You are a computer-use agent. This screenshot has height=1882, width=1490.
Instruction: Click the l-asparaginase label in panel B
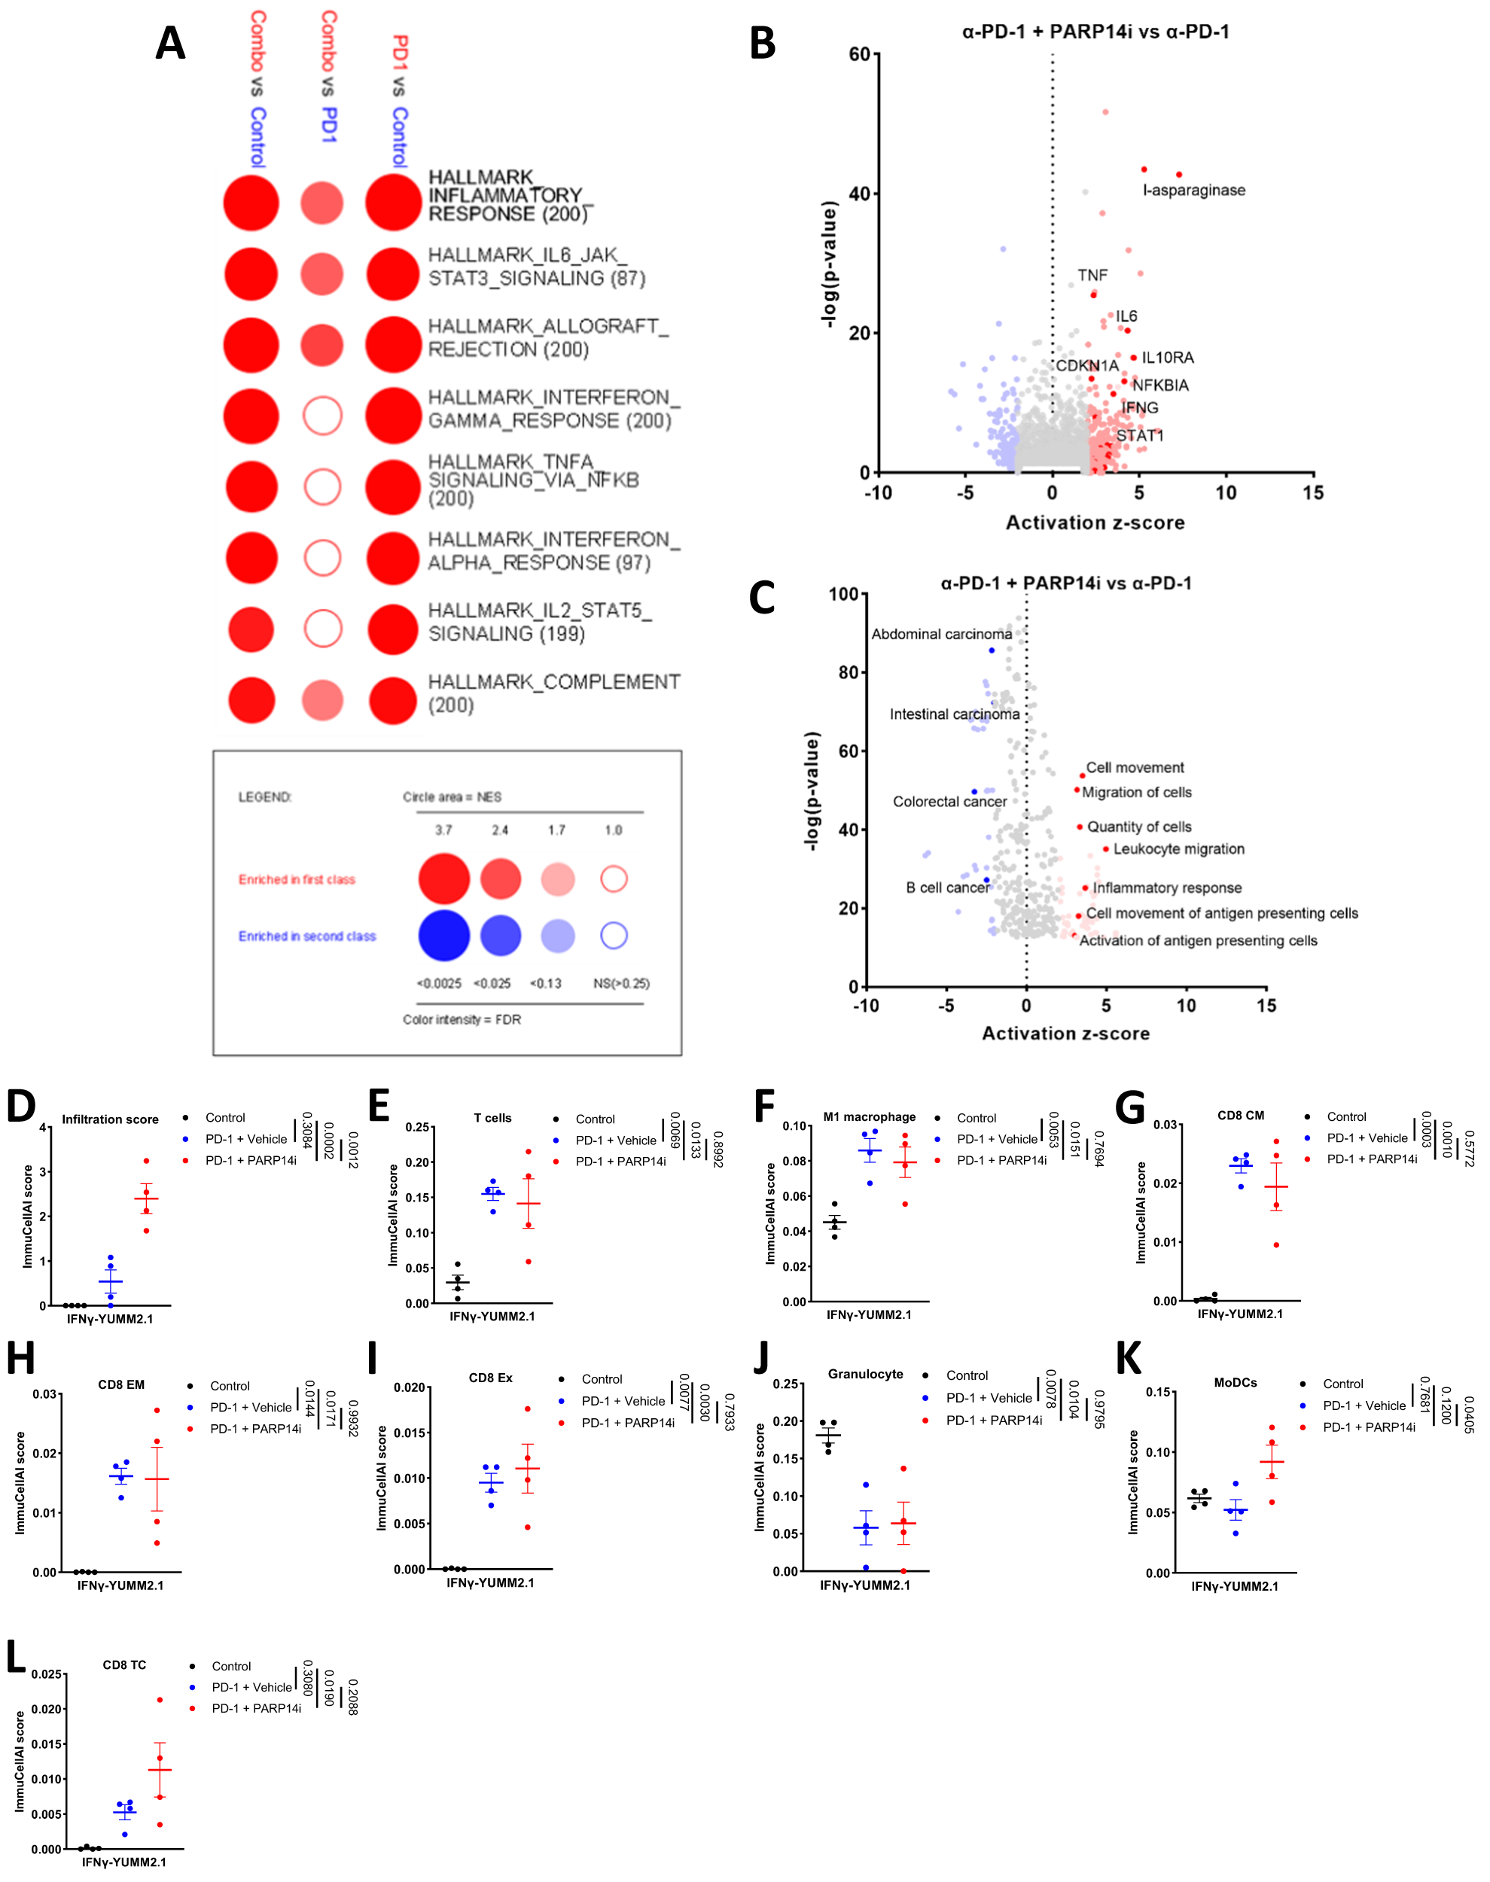[1193, 190]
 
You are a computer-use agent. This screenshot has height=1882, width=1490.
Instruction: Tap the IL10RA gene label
[1167, 358]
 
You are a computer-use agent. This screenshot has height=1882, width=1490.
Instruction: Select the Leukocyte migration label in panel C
[1178, 848]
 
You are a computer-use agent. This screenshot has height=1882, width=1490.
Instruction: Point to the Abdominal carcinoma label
[941, 634]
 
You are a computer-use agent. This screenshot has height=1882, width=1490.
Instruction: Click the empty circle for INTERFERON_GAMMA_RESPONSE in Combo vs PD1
[323, 416]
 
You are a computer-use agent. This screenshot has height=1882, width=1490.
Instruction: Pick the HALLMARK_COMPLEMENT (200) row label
[553, 693]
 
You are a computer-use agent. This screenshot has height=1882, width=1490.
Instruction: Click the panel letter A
[170, 43]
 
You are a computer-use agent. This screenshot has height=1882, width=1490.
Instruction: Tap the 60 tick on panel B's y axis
[859, 54]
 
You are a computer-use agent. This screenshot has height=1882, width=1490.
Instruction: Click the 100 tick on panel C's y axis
[843, 594]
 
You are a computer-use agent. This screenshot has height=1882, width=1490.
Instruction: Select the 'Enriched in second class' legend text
[307, 936]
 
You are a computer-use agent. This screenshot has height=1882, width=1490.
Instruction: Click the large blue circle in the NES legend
[444, 935]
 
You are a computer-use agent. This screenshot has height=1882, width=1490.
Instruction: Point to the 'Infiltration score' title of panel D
[110, 1119]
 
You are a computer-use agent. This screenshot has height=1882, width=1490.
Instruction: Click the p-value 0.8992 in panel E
[718, 1149]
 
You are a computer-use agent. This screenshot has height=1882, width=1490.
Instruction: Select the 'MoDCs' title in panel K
[1236, 1382]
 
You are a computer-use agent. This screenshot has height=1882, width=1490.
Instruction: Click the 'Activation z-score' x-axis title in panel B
[1095, 522]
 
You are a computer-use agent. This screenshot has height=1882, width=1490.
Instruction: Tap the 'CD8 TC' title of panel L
[125, 1665]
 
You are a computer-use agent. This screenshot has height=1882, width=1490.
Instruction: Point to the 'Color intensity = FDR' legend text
[462, 1019]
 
